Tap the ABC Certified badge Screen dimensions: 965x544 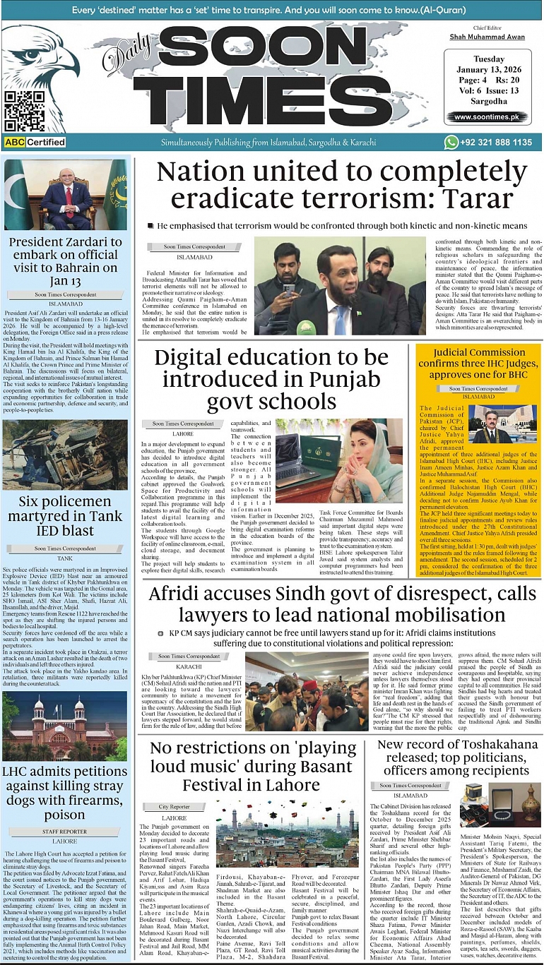point(35,142)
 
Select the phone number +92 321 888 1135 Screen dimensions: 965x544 point(497,142)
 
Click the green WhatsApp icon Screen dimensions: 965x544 point(451,142)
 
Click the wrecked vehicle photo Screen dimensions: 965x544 point(65,455)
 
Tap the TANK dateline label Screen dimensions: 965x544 point(66,557)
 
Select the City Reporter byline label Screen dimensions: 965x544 point(174,806)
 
